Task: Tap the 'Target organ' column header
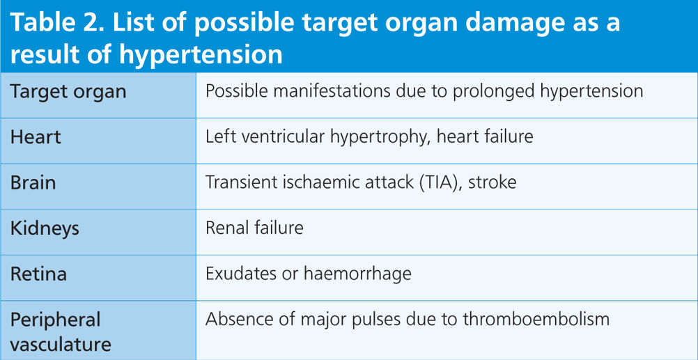(x=68, y=93)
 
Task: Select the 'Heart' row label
(x=36, y=136)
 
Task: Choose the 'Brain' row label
(x=33, y=182)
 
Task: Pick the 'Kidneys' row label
(x=45, y=229)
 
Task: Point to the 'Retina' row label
(x=38, y=274)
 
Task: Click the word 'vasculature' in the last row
(x=61, y=345)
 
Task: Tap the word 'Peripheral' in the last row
(x=55, y=320)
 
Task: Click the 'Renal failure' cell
(x=254, y=228)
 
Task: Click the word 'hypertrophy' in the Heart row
(x=380, y=137)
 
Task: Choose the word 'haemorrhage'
(x=357, y=274)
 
